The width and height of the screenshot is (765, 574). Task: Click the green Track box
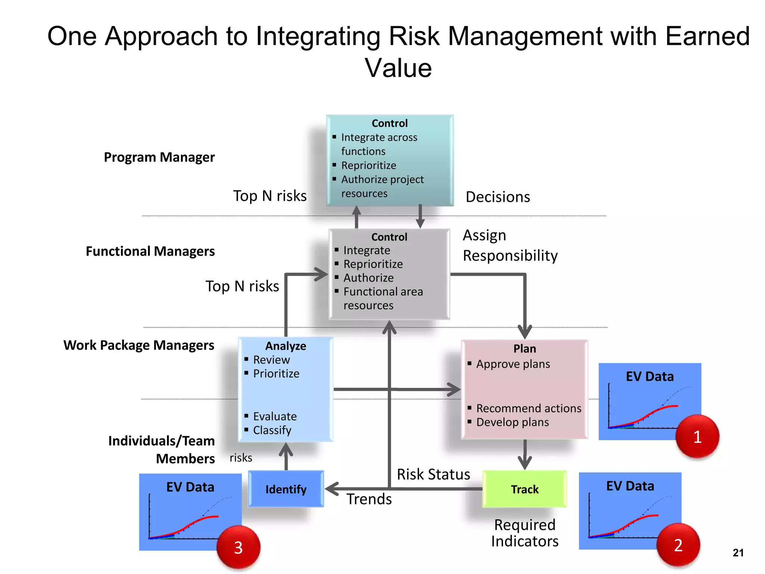click(524, 489)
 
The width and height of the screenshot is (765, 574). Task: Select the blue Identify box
click(286, 489)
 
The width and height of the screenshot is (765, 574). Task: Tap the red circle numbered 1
click(697, 436)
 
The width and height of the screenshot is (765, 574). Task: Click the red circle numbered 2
click(678, 545)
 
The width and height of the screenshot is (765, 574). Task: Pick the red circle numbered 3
click(238, 547)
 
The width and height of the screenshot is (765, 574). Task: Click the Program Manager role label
click(159, 157)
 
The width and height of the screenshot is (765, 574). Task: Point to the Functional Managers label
click(150, 251)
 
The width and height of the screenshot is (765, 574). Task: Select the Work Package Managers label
click(139, 345)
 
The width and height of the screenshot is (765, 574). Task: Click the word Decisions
click(498, 197)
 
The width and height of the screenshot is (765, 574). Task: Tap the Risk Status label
click(433, 474)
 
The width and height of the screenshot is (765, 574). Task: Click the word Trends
click(369, 499)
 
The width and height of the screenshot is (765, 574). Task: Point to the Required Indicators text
click(524, 533)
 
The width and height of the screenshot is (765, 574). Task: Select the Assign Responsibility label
click(510, 246)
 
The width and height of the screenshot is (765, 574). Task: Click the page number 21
click(738, 553)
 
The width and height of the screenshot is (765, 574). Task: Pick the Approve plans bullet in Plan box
click(513, 364)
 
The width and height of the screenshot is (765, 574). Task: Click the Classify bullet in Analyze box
click(272, 430)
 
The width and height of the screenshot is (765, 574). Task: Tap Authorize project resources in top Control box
click(382, 186)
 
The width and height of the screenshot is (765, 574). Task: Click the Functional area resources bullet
click(383, 298)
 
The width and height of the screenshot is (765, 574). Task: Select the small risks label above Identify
click(241, 458)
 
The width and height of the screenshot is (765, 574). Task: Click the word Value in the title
click(398, 68)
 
